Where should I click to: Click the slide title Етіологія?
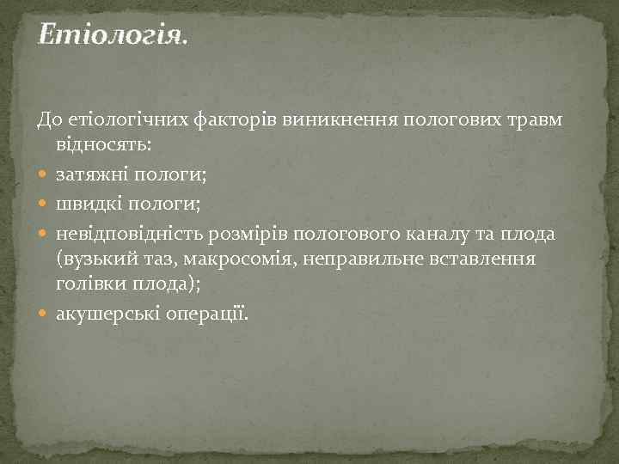[x=111, y=37]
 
